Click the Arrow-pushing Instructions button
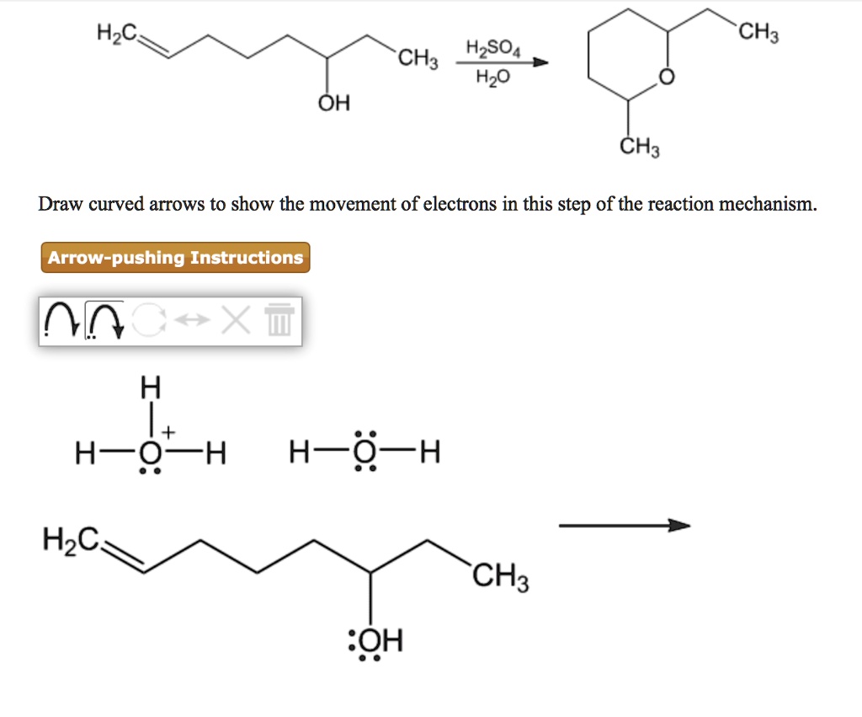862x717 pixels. (175, 258)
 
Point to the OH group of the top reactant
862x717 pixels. (334, 104)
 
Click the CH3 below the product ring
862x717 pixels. (639, 150)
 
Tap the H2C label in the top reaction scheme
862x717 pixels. (115, 35)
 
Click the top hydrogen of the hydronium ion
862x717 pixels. (150, 387)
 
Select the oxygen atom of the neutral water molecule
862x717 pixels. (364, 455)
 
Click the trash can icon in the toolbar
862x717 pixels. (279, 320)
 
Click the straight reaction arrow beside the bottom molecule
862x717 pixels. (624, 527)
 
